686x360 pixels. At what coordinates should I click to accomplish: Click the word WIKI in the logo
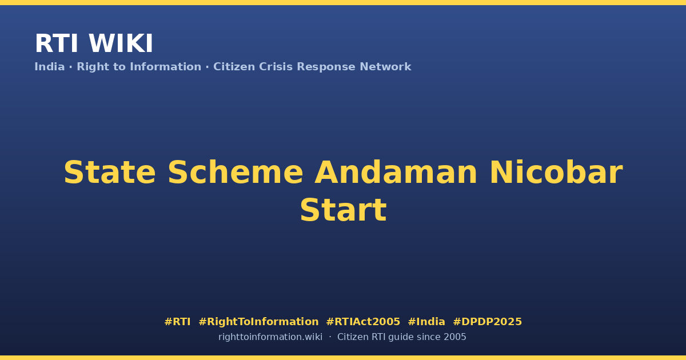121,43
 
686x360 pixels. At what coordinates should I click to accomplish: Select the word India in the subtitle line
50,67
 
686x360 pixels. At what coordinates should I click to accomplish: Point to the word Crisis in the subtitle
276,67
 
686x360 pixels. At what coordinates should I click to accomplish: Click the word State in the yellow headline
110,173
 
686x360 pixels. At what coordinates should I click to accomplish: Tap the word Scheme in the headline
236,173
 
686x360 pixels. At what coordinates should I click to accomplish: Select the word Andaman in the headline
396,173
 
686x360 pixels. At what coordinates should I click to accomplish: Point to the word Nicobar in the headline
556,173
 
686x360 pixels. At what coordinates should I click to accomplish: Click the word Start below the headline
344,210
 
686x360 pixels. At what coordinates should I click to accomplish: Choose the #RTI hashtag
177,322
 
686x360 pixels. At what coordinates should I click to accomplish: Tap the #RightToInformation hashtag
258,322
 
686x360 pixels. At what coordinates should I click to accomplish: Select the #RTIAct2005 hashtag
363,322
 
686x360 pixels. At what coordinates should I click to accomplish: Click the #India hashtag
426,322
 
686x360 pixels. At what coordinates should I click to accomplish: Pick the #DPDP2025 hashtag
487,322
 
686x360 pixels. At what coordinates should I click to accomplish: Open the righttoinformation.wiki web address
270,337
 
